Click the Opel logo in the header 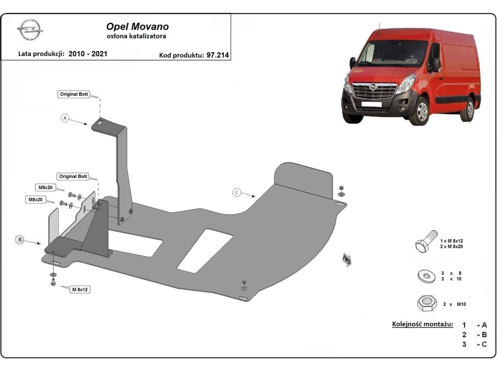[30, 31]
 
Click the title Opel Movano [138, 27]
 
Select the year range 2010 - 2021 [88, 54]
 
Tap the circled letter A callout [64, 118]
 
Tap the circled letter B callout [19, 239]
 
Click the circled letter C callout [236, 192]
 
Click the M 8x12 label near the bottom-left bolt [80, 289]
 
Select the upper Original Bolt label [74, 94]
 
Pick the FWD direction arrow [346, 259]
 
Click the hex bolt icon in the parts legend [425, 242]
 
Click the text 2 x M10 [454, 304]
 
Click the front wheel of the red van [421, 111]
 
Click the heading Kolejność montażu [422, 324]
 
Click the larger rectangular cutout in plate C [205, 250]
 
